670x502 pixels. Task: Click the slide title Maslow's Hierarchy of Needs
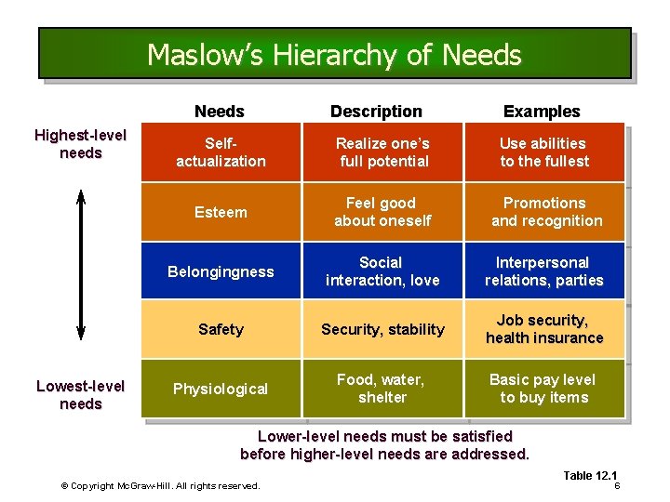334,55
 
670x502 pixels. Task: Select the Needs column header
220,112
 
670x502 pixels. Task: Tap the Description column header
376,112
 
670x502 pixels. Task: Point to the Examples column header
542,112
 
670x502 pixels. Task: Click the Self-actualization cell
221,152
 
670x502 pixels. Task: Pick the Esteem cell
221,212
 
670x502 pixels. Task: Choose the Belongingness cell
221,271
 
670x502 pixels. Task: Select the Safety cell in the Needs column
221,329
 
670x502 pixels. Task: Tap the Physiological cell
221,389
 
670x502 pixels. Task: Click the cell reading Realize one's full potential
382,152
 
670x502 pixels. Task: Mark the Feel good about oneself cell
382,212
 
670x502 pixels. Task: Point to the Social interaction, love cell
382,271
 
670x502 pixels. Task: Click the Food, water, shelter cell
382,389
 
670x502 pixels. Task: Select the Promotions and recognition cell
545,212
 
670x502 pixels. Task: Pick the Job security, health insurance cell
545,329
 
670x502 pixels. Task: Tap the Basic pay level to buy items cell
545,389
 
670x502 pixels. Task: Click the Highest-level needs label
80,144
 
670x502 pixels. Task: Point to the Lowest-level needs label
80,395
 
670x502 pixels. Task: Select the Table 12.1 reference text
590,476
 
